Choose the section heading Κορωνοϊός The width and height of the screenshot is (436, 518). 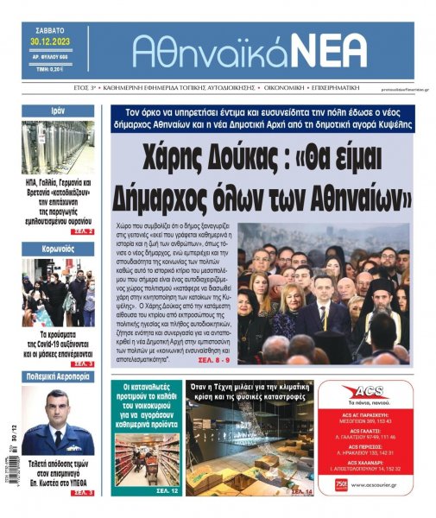pos(59,249)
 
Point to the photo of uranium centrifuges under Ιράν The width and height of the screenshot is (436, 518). pos(58,148)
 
